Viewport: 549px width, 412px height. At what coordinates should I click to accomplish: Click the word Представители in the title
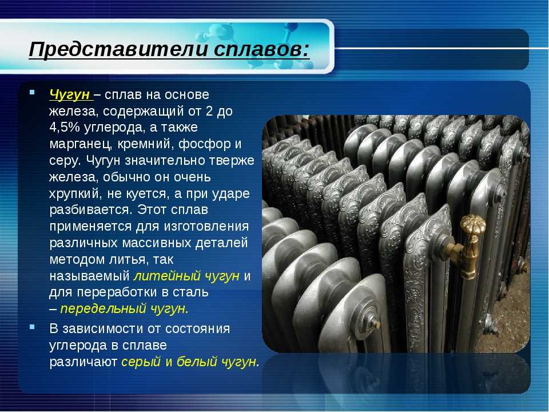point(118,49)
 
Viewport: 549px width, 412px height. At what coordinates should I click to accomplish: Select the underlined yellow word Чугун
point(70,95)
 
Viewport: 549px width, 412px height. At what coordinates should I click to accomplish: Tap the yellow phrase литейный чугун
point(186,276)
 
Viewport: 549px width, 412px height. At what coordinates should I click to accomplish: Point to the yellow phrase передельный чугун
point(124,308)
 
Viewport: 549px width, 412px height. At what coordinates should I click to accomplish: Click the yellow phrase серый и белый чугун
point(190,362)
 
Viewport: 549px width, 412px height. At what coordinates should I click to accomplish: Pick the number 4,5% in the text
point(65,127)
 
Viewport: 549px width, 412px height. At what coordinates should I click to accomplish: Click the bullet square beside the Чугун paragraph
point(32,93)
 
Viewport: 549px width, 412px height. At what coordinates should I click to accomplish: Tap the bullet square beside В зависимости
point(32,327)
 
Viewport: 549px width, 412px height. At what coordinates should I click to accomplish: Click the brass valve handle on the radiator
point(473,224)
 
